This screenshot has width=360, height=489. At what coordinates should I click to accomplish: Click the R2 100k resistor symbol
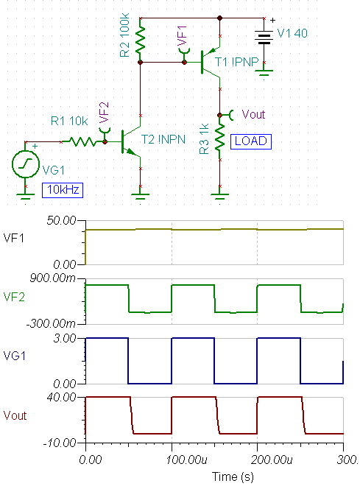(141, 39)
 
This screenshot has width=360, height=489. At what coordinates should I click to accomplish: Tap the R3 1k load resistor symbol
(219, 137)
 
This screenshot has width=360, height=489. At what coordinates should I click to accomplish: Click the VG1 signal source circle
(26, 164)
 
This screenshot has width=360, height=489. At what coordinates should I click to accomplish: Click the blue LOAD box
(251, 141)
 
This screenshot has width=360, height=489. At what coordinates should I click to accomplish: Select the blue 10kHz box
(63, 190)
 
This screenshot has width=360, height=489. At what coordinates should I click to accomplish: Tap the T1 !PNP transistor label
(237, 62)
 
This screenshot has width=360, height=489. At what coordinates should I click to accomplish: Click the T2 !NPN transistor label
(163, 139)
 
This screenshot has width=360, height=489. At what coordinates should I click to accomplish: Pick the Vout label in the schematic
(253, 114)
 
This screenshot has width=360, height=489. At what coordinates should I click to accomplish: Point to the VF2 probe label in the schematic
(104, 113)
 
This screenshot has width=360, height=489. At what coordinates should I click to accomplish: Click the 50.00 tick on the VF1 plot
(61, 220)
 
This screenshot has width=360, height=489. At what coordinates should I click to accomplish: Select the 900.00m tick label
(52, 278)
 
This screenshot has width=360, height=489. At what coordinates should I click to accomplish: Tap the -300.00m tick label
(51, 324)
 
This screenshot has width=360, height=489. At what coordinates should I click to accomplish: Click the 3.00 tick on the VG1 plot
(65, 338)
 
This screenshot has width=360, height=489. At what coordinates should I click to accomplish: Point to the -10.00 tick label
(60, 443)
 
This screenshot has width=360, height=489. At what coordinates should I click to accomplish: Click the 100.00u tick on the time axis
(186, 460)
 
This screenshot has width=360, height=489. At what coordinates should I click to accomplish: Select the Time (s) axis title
(233, 476)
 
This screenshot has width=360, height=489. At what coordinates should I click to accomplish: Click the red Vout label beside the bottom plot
(15, 415)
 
